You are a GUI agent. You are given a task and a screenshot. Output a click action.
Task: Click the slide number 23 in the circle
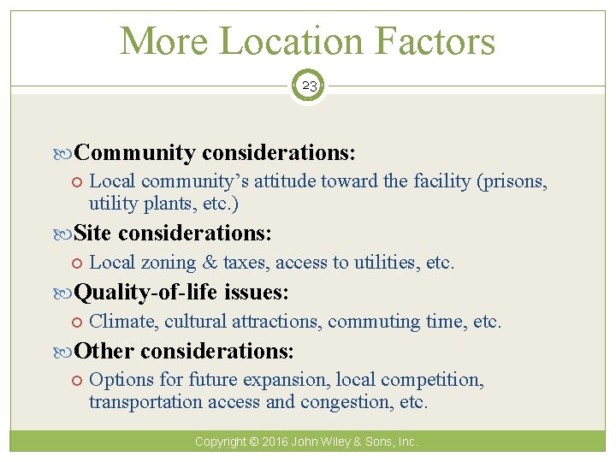308,86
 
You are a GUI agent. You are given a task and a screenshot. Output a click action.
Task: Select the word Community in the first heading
135,152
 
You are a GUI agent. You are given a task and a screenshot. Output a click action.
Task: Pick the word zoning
169,262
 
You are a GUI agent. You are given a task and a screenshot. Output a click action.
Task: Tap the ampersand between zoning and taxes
209,262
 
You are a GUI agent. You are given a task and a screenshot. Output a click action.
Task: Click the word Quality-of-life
146,293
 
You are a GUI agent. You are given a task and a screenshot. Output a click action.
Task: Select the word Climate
122,322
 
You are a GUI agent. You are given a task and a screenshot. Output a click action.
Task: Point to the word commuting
371,322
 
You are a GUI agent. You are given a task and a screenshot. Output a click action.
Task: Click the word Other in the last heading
104,351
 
